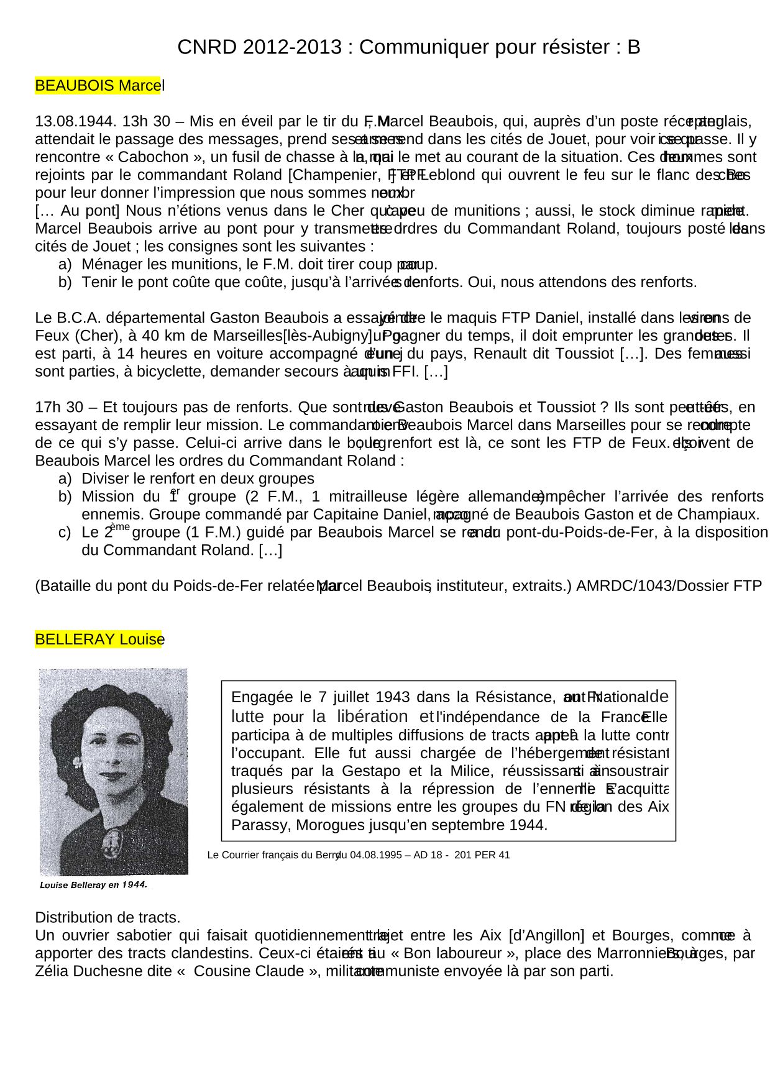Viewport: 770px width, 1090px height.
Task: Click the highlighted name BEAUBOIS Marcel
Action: click(x=99, y=86)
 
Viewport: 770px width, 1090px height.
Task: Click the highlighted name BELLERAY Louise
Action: click(x=99, y=639)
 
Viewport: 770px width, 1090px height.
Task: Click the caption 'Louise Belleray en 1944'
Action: click(x=93, y=885)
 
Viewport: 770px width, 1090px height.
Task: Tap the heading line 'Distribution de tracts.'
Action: click(x=108, y=918)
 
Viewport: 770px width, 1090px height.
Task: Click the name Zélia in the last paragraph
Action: click(x=52, y=972)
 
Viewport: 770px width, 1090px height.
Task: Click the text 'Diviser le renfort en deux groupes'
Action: click(x=198, y=479)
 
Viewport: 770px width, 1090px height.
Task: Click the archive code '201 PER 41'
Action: click(x=482, y=855)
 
